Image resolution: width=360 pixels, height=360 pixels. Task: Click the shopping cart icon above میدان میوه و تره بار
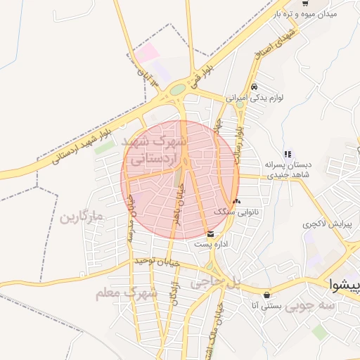(305, 3)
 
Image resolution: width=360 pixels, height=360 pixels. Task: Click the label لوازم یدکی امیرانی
(255, 98)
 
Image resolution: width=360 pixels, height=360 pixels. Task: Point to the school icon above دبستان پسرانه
(287, 154)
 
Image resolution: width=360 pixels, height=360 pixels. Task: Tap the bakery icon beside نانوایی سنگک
(236, 201)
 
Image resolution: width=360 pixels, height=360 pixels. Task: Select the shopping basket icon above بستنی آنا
(266, 295)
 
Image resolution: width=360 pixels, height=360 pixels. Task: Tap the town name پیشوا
(346, 284)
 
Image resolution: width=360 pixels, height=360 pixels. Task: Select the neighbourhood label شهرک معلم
(127, 292)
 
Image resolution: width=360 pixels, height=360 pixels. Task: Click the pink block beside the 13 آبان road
(146, 52)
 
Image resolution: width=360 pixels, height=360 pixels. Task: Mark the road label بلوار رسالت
(240, 141)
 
